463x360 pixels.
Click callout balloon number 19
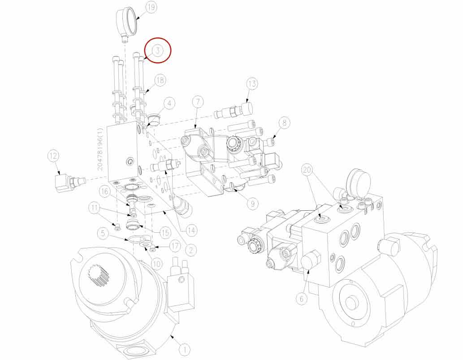151,8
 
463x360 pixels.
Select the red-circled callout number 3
157,51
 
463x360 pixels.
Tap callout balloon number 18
160,80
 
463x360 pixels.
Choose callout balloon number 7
198,102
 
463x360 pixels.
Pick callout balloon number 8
285,122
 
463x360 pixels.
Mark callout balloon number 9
252,204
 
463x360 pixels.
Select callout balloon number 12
54,156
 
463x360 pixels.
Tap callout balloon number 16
104,191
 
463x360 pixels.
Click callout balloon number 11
94,208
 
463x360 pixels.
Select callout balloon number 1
184,348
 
